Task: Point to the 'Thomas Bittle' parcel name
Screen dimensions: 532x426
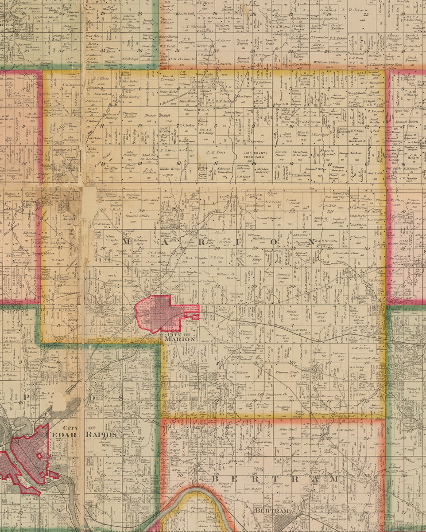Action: pyautogui.click(x=288, y=373)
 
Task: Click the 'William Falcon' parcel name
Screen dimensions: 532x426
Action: pyautogui.click(x=326, y=63)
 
